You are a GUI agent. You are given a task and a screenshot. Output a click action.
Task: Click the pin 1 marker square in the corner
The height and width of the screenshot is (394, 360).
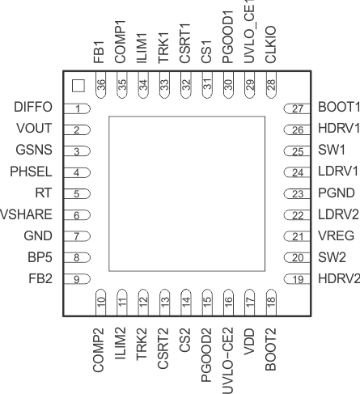point(78,86)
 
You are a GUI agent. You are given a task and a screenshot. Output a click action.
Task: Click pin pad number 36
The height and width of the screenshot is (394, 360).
point(101,85)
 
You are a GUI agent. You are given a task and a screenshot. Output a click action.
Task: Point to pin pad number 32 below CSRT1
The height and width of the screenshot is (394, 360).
point(186,85)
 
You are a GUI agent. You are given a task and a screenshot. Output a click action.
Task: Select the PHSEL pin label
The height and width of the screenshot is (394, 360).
point(31,172)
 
